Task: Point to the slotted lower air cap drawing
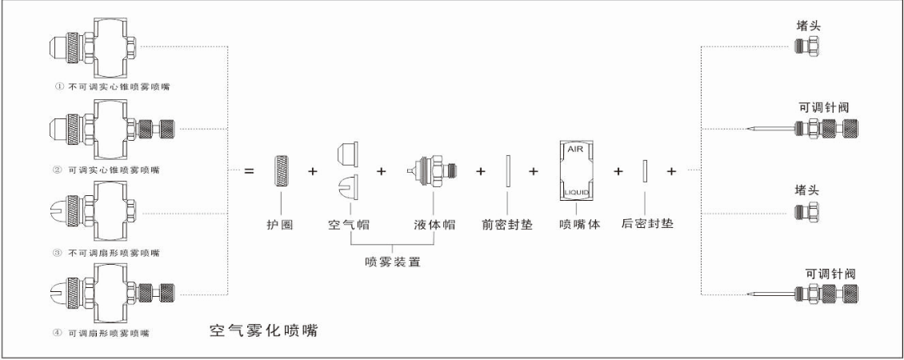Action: [344, 186]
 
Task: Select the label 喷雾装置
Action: [390, 262]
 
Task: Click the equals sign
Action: [249, 171]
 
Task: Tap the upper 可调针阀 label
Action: [815, 107]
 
